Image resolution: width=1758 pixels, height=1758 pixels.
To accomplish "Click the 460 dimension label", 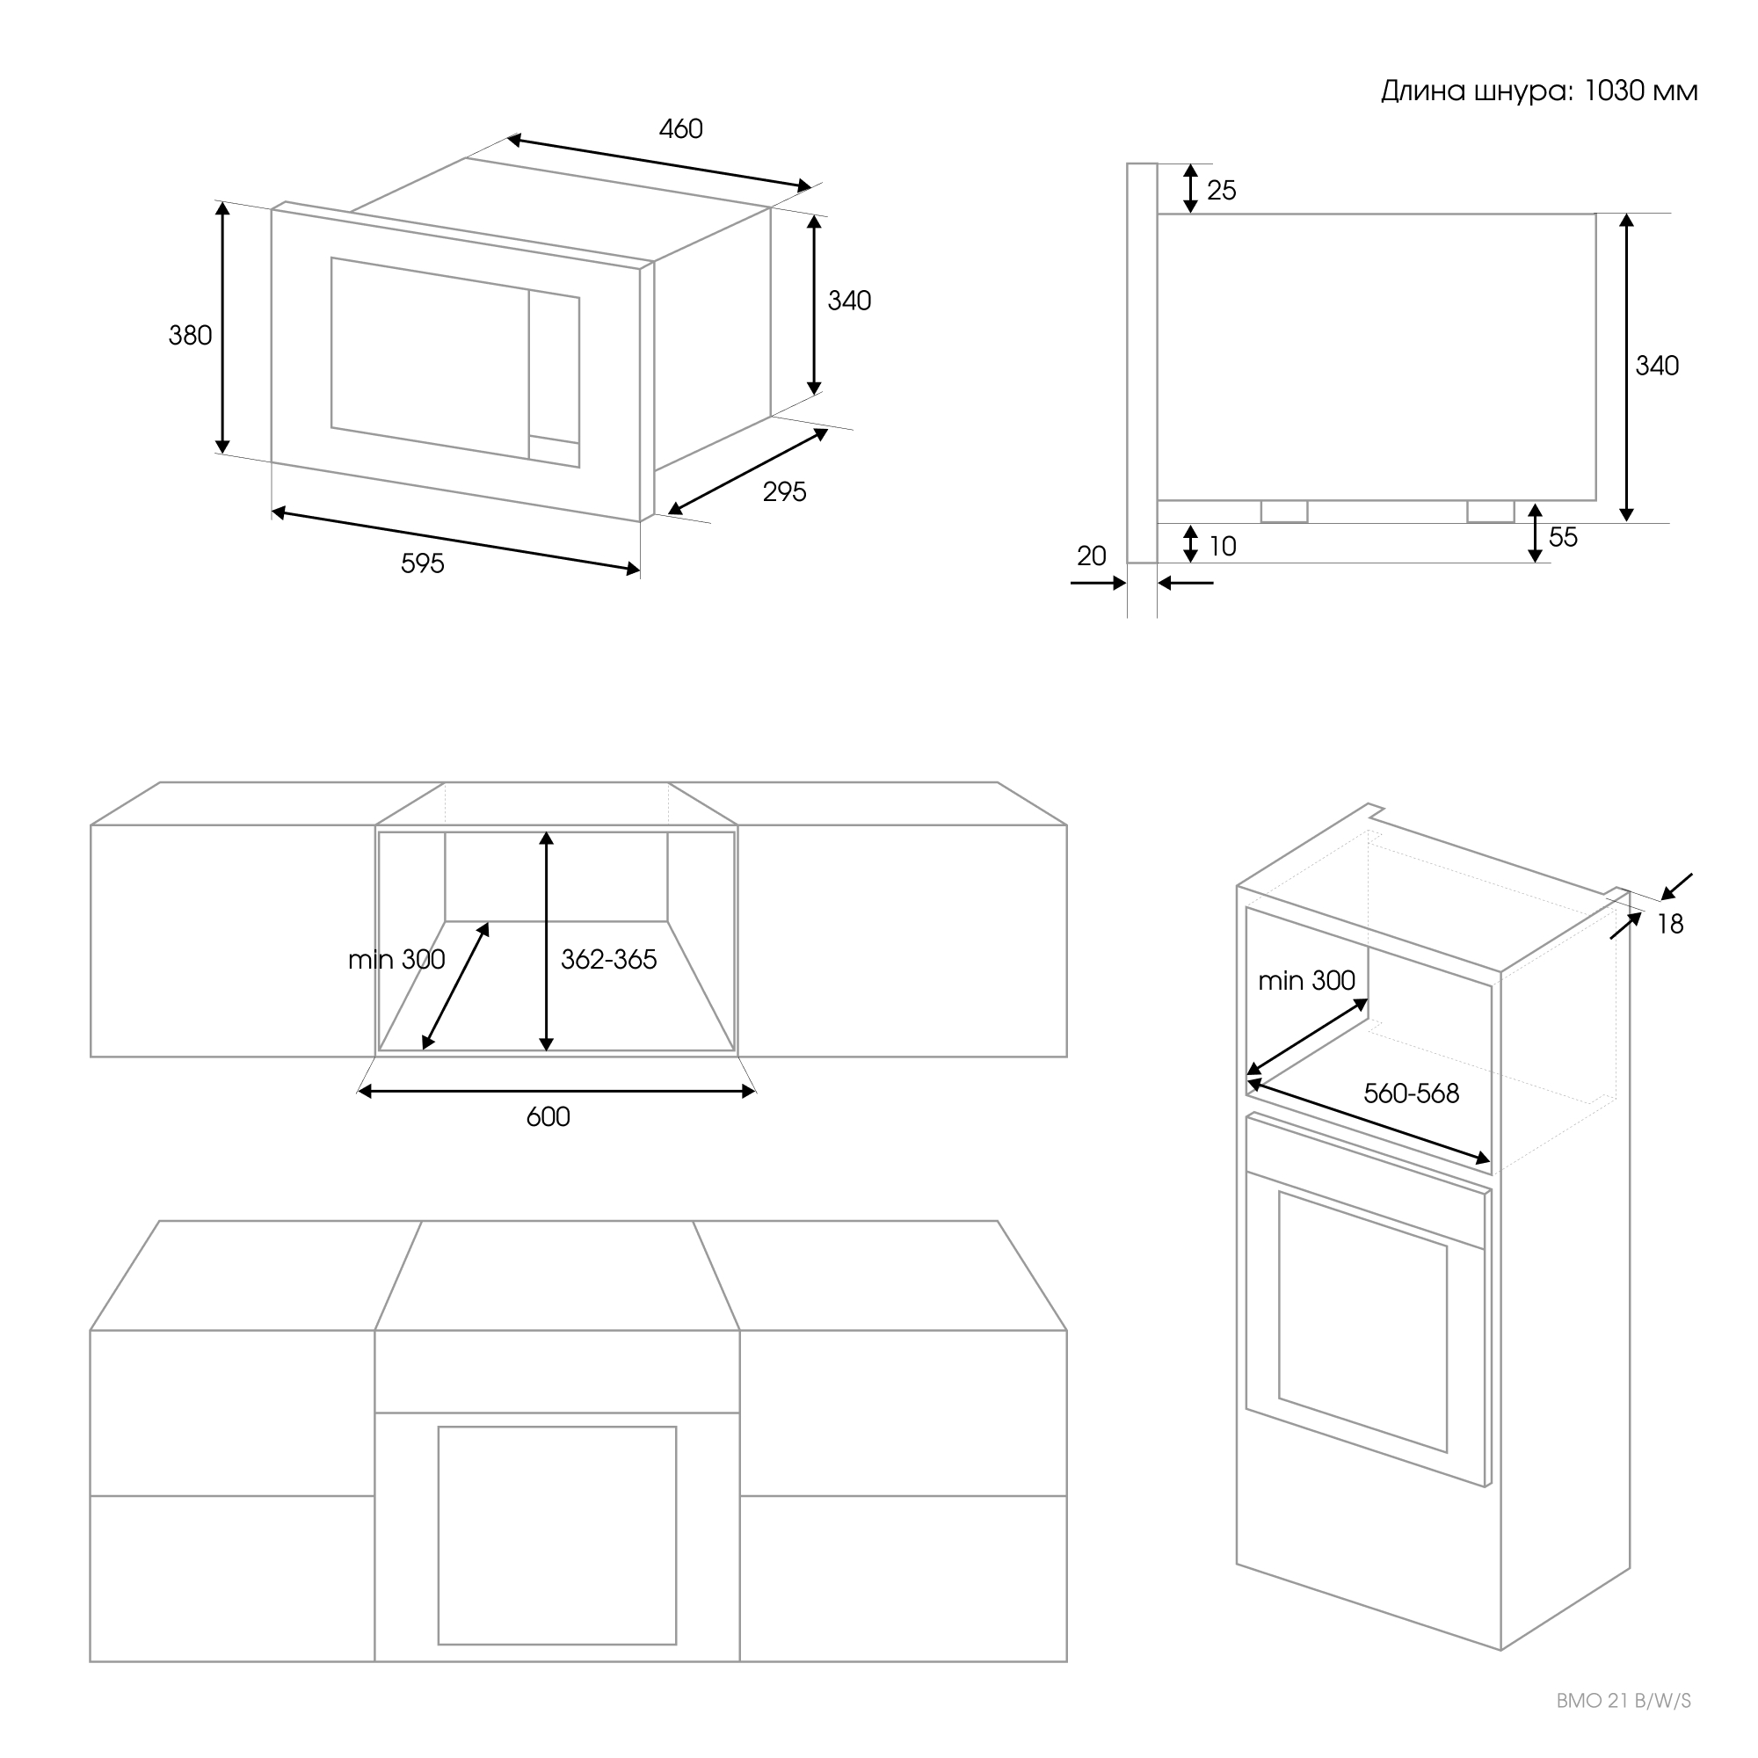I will point(680,129).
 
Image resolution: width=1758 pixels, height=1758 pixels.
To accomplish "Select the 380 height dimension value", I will point(190,336).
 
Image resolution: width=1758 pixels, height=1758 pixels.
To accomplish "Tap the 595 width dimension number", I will point(422,564).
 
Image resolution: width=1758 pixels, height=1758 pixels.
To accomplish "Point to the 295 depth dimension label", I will point(784,492).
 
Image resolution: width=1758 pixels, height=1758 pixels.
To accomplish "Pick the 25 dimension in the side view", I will point(1221,190).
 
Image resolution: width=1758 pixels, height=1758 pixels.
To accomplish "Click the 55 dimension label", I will point(1562,538).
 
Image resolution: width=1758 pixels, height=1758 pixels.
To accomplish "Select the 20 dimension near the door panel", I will point(1091,556).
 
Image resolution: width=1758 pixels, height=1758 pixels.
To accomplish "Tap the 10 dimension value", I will point(1222,547).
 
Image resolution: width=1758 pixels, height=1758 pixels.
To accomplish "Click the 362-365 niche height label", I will point(608,959).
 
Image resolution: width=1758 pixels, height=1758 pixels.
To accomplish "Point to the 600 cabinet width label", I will point(548,1116).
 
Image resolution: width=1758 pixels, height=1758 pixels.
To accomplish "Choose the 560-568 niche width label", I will point(1411,1093).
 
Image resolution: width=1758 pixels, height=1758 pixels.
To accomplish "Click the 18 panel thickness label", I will point(1670,925).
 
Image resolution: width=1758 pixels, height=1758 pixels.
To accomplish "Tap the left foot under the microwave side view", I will point(1284,512).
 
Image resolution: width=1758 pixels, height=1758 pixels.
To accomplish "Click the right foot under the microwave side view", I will point(1491,512).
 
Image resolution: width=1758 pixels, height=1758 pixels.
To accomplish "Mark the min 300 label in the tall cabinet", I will point(1306,980).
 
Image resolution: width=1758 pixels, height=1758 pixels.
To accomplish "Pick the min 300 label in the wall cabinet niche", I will point(396,959).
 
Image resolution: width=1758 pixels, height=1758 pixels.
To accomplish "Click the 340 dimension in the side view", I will point(1656,366).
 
